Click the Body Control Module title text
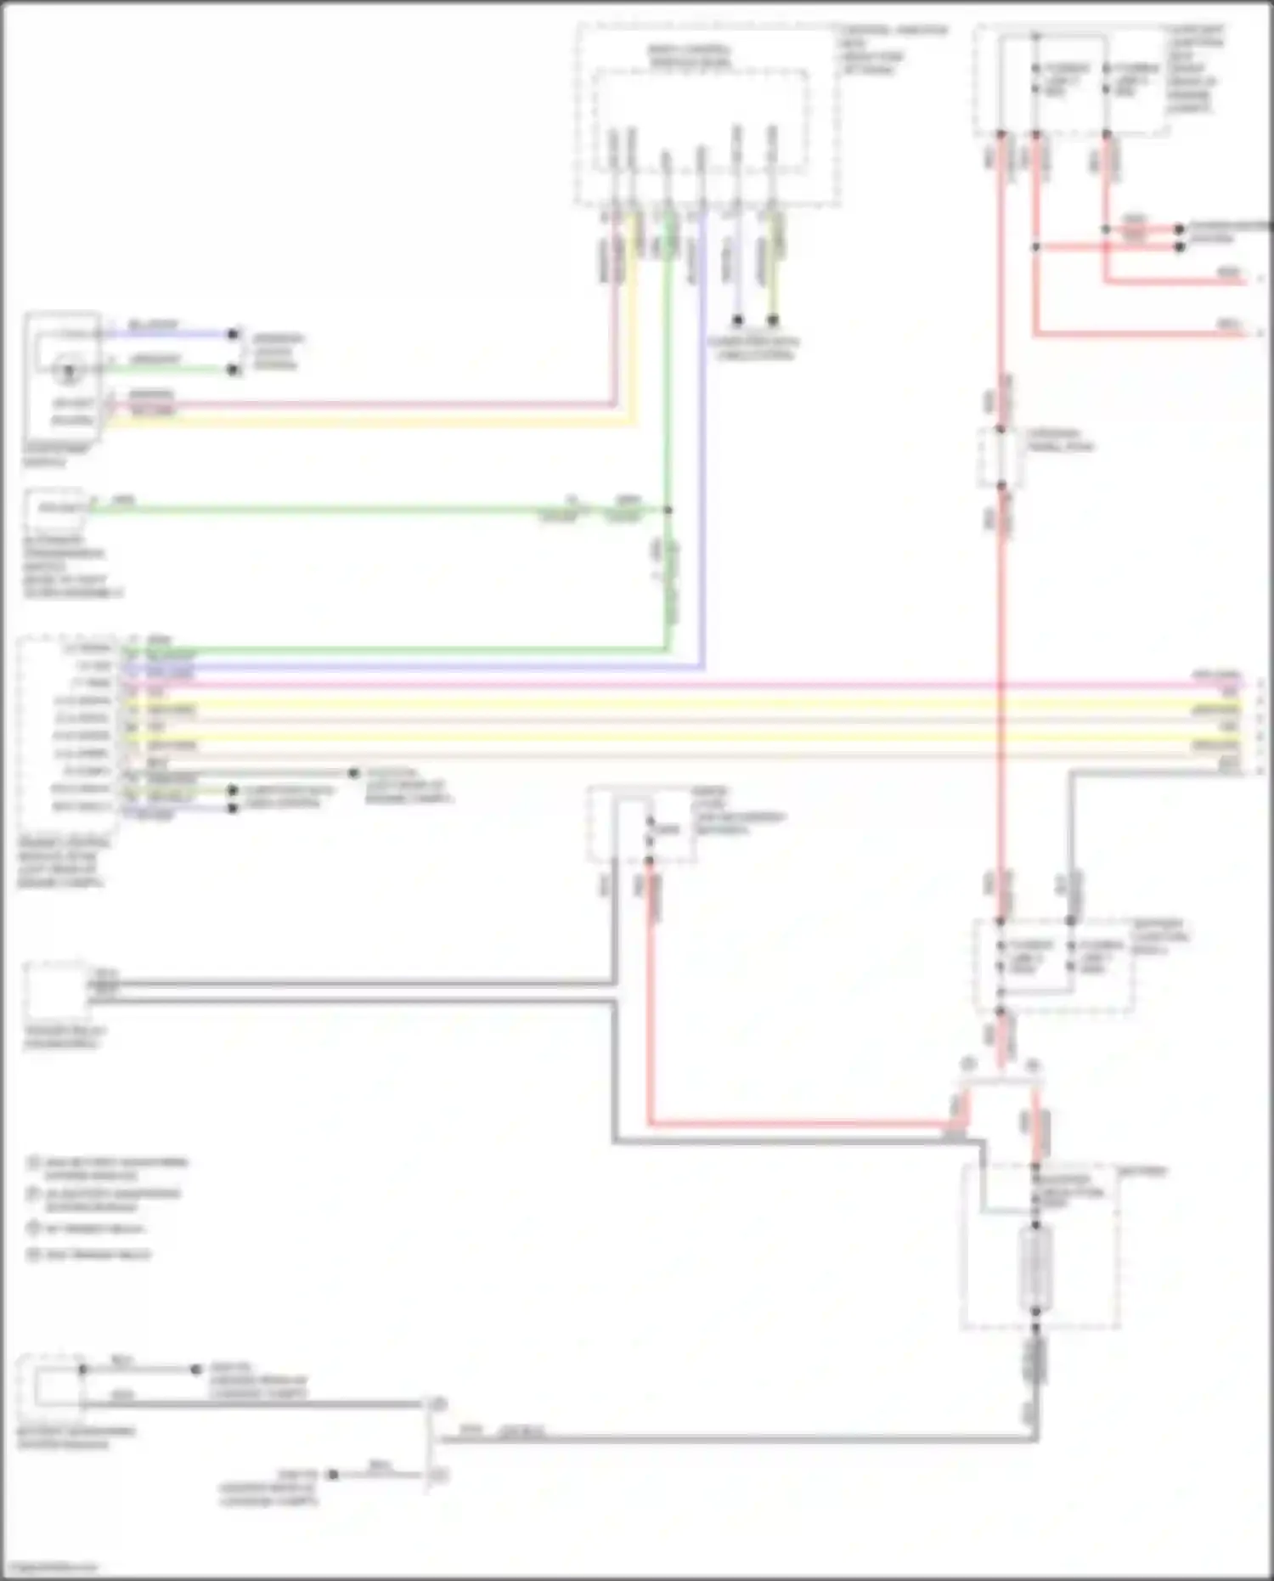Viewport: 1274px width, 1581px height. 690,57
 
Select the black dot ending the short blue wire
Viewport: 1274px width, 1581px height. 234,334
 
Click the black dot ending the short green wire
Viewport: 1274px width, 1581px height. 234,370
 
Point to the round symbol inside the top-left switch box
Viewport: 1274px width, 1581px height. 65,370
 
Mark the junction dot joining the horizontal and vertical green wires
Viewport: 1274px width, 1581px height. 668,510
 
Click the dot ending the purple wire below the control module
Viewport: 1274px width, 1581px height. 737,320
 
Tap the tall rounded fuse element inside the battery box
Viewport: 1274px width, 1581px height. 1035,1269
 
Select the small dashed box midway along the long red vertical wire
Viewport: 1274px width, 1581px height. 1001,457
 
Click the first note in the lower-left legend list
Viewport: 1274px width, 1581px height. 106,1168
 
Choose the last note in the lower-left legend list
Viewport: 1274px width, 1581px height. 88,1255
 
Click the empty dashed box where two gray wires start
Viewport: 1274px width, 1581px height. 56,990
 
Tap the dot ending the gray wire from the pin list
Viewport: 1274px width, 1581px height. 353,773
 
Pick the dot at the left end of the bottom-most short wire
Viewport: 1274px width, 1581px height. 333,1475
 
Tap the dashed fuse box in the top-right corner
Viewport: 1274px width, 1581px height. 1070,81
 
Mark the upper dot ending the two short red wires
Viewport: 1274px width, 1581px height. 1179,229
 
